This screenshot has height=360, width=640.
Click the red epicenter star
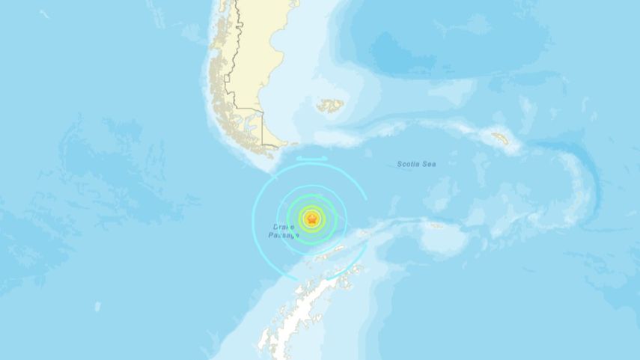311,219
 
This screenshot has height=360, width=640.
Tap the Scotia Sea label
415,164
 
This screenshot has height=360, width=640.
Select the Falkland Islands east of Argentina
329,106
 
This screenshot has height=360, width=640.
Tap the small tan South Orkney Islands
436,225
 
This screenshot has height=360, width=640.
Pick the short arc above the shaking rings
311,159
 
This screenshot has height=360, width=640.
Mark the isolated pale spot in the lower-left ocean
97,306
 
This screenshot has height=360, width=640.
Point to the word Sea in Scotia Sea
428,164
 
